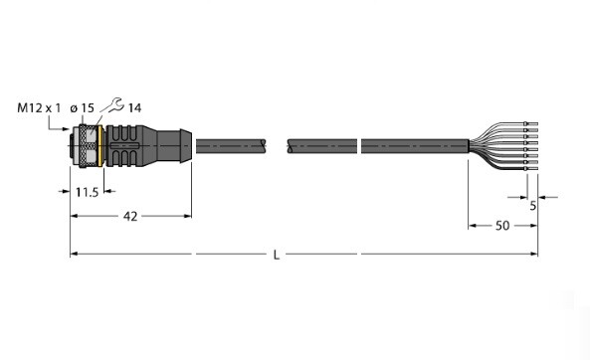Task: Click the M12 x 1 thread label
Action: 39,108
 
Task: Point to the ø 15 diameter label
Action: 82,108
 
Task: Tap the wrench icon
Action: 112,105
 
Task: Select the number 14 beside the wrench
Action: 134,108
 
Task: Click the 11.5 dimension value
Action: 87,193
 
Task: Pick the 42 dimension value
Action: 130,217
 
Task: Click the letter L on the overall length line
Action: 277,256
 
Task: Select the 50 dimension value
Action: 502,226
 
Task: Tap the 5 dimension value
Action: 533,206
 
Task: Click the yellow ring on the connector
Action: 100,145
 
